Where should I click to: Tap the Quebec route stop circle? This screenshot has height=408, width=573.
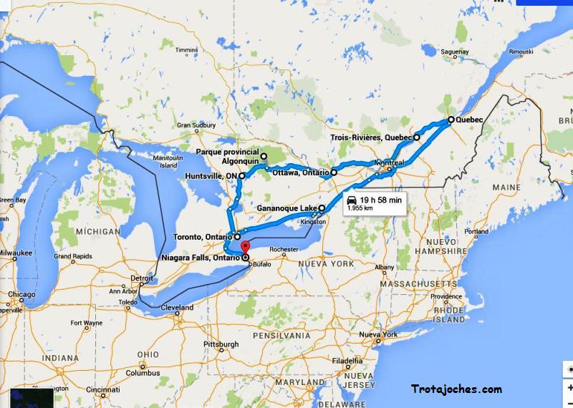coord(451,120)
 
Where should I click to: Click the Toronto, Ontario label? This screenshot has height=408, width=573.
coord(203,236)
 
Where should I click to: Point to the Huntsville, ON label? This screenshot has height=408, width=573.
coord(211,175)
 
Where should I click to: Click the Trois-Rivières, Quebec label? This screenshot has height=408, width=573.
coord(371,137)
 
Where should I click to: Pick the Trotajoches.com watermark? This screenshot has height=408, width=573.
coord(456,389)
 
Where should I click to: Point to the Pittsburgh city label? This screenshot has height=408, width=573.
coord(221,344)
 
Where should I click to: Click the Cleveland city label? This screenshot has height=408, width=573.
coord(177,308)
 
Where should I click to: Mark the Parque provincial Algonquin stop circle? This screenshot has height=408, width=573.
coord(263,156)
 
